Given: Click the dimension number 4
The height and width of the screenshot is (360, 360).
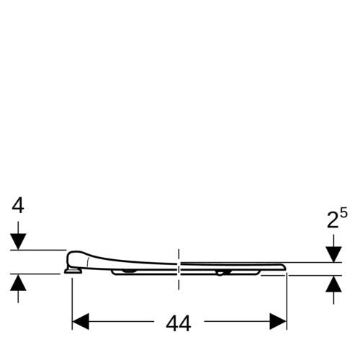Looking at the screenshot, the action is coord(18,206).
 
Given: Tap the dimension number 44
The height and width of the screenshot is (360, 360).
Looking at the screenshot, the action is coord(179,324).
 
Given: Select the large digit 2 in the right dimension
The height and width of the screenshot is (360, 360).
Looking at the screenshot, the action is coord(333,220).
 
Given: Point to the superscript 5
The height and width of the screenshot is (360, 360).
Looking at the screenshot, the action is coord(343,212).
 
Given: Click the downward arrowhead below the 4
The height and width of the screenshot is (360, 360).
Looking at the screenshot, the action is coord(18,241).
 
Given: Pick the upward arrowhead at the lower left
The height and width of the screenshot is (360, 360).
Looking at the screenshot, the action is coord(18,282).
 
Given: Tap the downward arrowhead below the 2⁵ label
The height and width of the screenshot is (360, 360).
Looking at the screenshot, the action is coord(333,254).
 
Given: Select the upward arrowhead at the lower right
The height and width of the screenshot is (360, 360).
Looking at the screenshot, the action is coord(333,284).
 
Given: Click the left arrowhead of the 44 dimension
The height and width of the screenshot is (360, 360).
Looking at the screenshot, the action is coord(81,321).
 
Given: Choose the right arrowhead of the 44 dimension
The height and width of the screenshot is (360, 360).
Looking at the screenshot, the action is coord(278,321).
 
